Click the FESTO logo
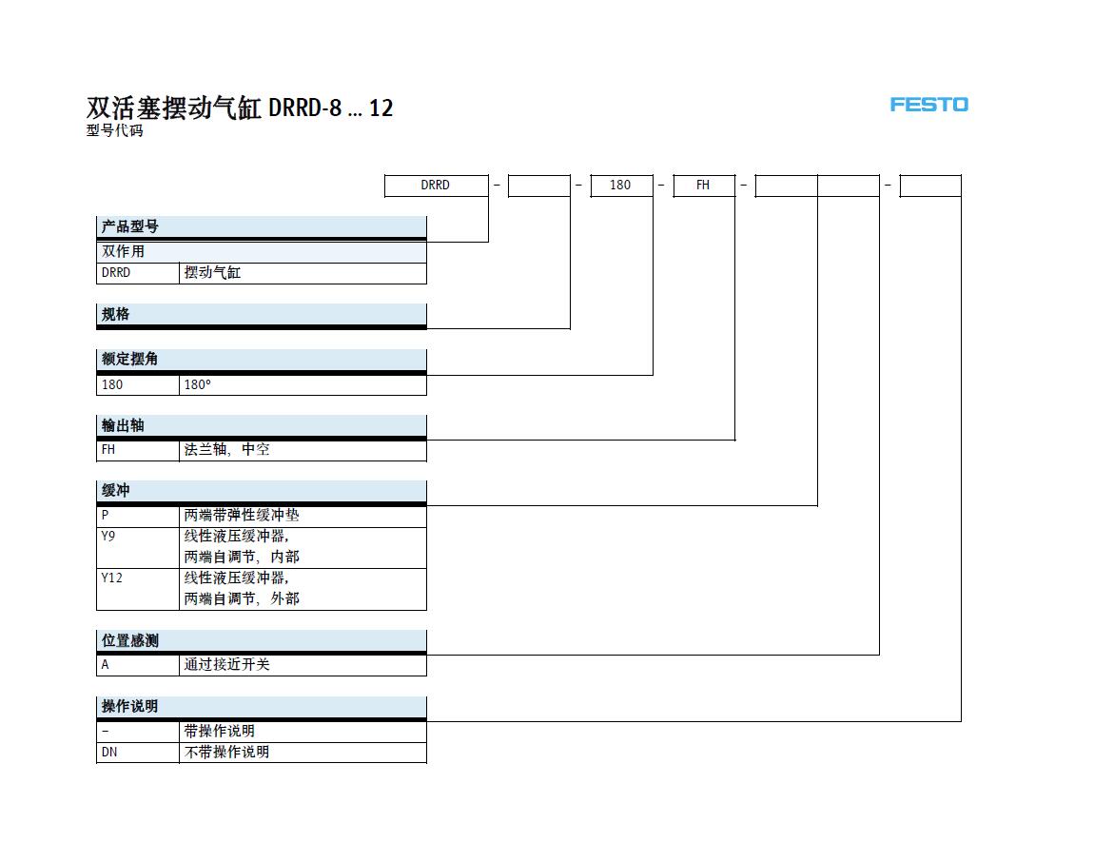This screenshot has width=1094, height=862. point(928,105)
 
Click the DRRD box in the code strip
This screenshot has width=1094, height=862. point(436,186)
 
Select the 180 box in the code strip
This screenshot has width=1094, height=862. point(621,186)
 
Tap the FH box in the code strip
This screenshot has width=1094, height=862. point(703,186)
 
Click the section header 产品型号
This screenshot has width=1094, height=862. point(261,226)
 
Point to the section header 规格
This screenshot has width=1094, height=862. point(261,314)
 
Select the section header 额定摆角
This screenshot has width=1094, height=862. point(261,360)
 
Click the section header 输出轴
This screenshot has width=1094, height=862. point(261,425)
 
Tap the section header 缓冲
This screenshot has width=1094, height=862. point(261,491)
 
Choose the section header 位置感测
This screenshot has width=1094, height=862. point(261,640)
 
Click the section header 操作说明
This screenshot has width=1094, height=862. point(261,706)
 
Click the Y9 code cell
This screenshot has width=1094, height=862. point(137,548)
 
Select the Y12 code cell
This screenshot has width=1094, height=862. point(137,590)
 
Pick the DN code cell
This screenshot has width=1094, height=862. point(137,753)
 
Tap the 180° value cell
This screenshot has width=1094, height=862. point(303,385)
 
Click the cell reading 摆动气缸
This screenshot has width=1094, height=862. point(303,273)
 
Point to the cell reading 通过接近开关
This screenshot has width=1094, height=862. point(303,665)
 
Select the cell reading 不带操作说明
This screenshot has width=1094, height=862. point(303,753)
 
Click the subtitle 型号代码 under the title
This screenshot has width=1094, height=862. point(115,130)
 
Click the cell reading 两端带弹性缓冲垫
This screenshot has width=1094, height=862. point(303,516)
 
